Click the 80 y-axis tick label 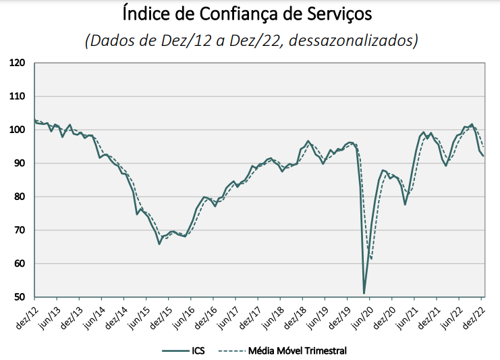[x=20, y=197]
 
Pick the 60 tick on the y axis [x=20, y=263]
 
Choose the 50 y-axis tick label [x=20, y=297]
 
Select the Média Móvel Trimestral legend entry [x=298, y=350]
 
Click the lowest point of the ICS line [x=364, y=293]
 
